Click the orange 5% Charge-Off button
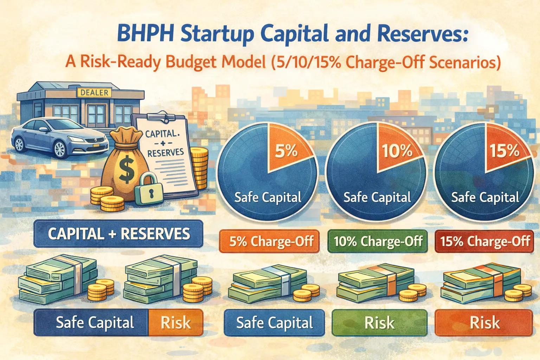(x=269, y=242)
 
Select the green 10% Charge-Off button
(x=378, y=242)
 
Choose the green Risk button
(x=379, y=322)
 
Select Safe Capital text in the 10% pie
(x=377, y=197)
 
